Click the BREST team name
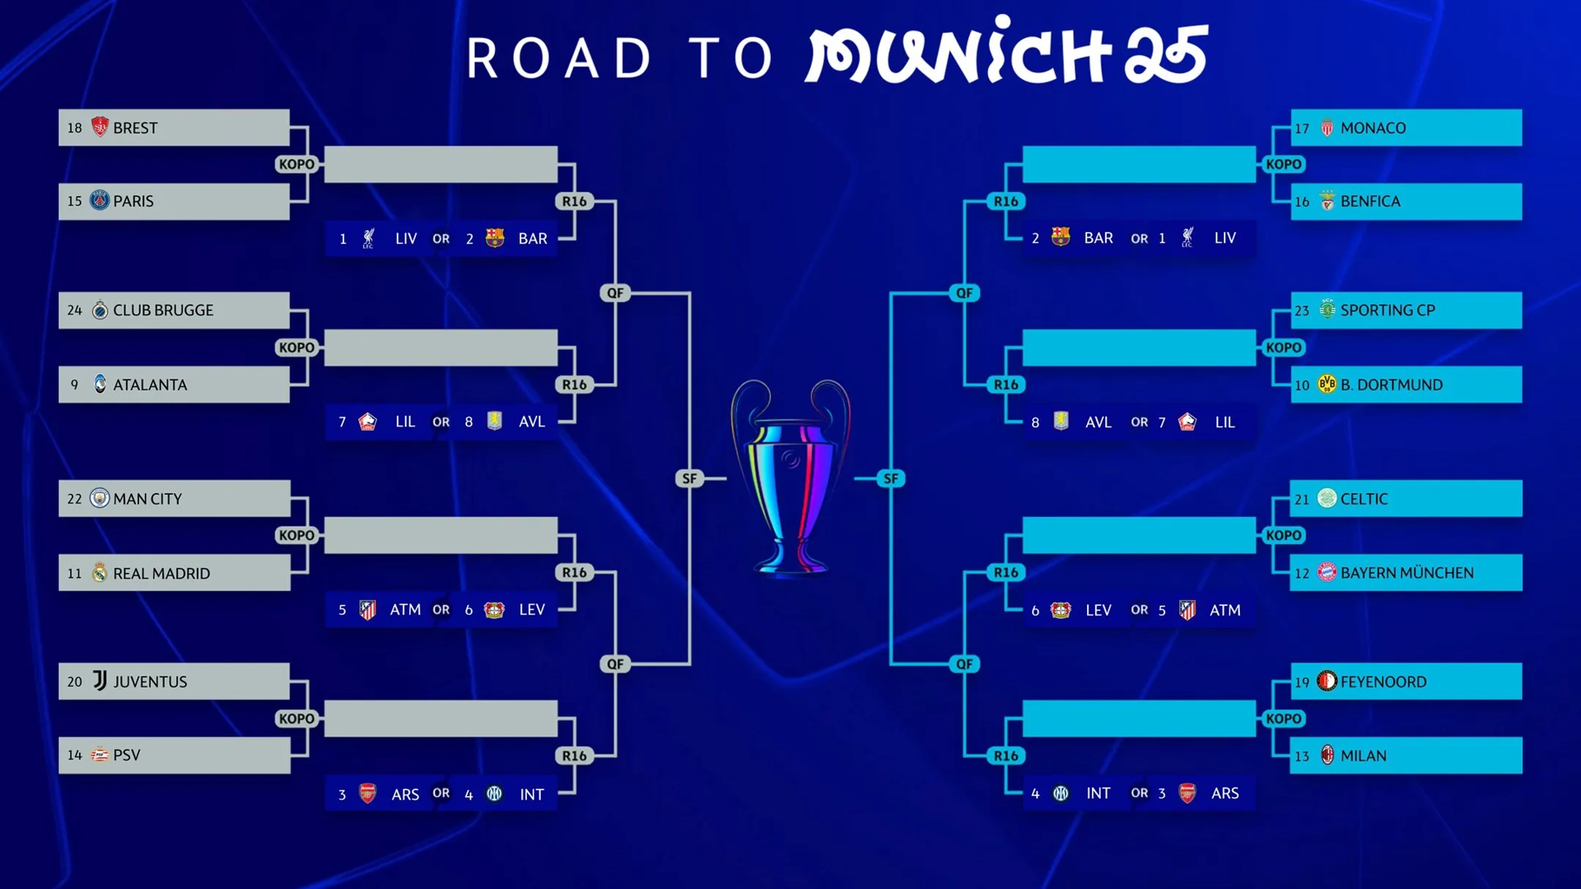click(135, 128)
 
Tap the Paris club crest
click(100, 200)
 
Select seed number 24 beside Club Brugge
click(75, 310)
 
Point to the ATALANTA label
click(150, 385)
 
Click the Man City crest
click(100, 498)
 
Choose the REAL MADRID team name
click(161, 574)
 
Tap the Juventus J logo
click(100, 681)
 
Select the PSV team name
click(127, 756)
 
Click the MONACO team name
click(1373, 128)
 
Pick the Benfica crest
click(1327, 201)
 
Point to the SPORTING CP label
click(1387, 310)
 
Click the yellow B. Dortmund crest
click(1327, 384)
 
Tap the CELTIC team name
click(1364, 499)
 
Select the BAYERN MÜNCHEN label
click(1407, 574)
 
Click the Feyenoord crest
click(1327, 681)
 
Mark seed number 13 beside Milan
click(1302, 756)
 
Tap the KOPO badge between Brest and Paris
click(296, 165)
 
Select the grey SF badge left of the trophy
click(689, 478)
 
